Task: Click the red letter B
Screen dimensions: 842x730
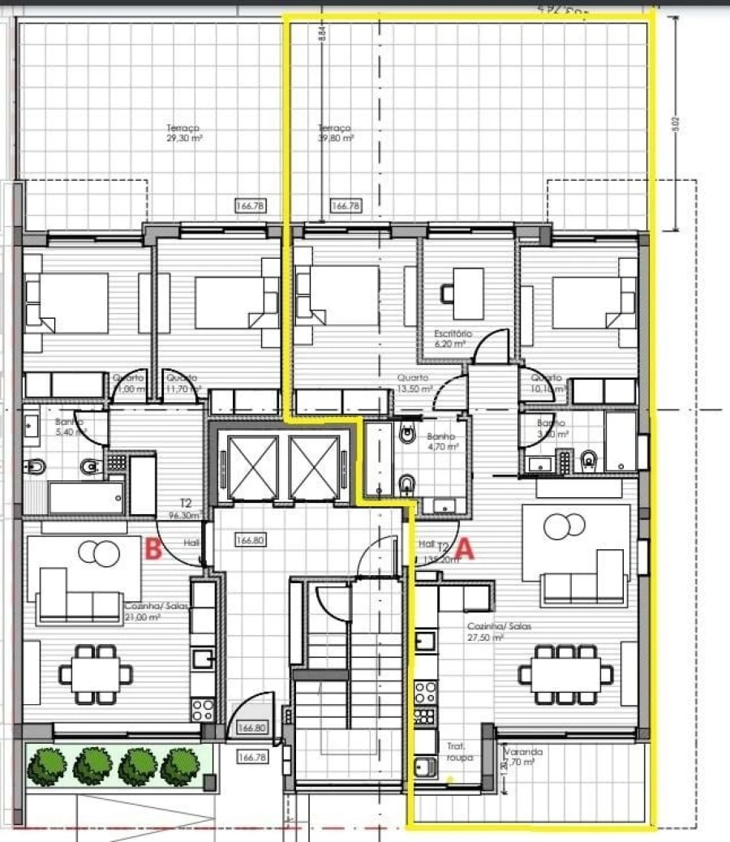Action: pyautogui.click(x=151, y=551)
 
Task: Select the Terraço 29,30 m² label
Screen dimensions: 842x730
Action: pyautogui.click(x=184, y=133)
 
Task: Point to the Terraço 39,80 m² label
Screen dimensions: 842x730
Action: pyautogui.click(x=336, y=133)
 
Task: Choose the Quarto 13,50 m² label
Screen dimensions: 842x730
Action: pyautogui.click(x=414, y=383)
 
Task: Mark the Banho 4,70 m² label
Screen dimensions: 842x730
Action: pyautogui.click(x=443, y=441)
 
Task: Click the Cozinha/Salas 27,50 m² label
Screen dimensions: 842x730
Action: pyautogui.click(x=487, y=632)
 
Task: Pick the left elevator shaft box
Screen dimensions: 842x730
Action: pyautogui.click(x=254, y=467)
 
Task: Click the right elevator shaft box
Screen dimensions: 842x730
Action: pyautogui.click(x=314, y=467)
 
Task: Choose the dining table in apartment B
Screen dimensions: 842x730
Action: pyautogui.click(x=96, y=673)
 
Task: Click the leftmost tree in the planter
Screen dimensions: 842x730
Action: pyautogui.click(x=48, y=766)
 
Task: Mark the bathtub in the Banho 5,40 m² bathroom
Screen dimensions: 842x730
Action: pyautogui.click(x=86, y=497)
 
